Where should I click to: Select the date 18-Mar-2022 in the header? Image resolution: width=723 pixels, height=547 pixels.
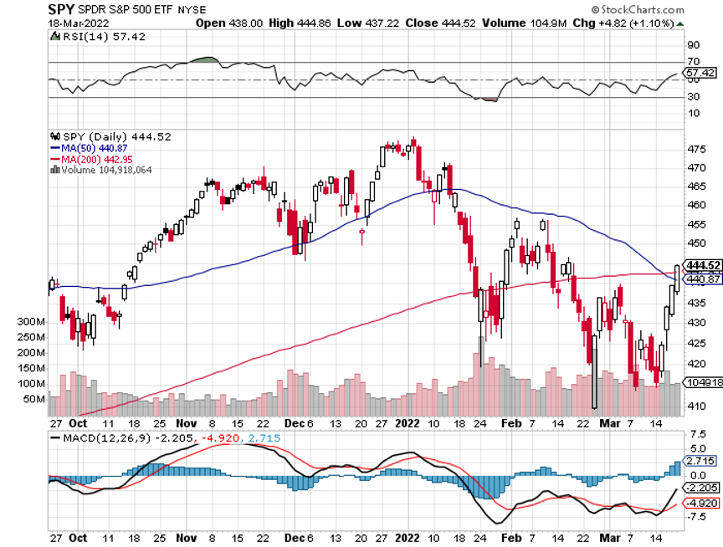pos(72,23)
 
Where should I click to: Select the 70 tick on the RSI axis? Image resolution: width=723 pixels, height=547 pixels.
pos(693,62)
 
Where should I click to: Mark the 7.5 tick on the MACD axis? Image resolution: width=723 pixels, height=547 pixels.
pos(696,436)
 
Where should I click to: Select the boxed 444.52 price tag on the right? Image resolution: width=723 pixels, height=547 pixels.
pos(702,265)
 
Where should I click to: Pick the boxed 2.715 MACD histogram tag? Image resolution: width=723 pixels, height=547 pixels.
pos(700,460)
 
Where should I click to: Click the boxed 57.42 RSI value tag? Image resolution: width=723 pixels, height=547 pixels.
pos(700,74)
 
